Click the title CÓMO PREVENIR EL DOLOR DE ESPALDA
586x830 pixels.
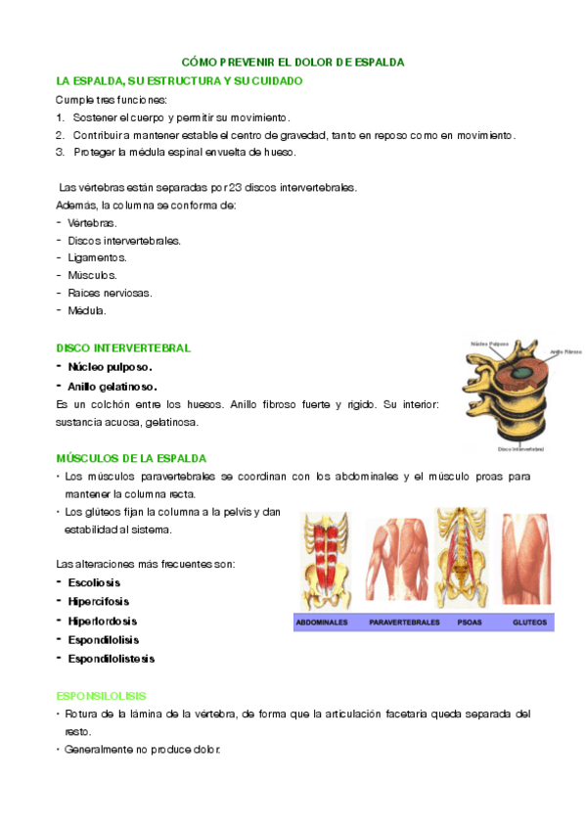point(293,62)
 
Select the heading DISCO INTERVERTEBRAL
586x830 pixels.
point(123,347)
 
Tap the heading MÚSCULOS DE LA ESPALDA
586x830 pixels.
point(131,458)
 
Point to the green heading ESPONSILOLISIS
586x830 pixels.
point(101,696)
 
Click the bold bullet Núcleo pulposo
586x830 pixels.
point(111,367)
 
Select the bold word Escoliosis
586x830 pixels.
point(94,582)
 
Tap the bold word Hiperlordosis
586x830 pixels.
point(102,621)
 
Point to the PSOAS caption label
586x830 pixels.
point(457,622)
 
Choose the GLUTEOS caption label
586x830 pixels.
point(529,622)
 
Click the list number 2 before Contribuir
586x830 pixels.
point(61,135)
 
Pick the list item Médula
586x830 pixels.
point(87,310)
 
